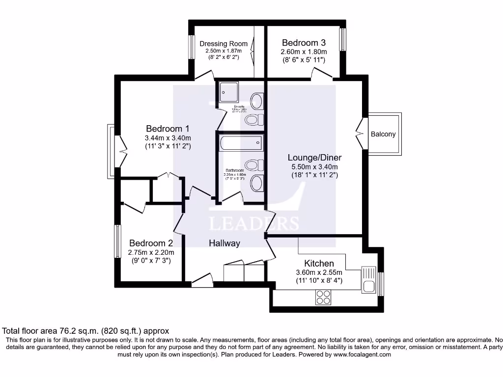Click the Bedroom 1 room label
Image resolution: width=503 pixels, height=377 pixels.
168,129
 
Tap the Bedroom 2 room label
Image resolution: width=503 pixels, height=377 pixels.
151,243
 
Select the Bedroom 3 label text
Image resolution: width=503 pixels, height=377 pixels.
304,43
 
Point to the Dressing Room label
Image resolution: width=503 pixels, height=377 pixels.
224,44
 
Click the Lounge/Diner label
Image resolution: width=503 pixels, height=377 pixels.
314,158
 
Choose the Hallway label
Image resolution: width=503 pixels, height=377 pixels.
224,243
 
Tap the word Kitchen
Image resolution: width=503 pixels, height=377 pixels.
319,264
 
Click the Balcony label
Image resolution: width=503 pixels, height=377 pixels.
383,134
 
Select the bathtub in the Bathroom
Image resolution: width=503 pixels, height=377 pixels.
241,144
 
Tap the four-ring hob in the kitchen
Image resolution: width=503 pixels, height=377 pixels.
323,296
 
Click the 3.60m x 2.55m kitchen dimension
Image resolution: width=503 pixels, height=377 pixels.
319,272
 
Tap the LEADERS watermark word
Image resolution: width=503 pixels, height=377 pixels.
254,223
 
